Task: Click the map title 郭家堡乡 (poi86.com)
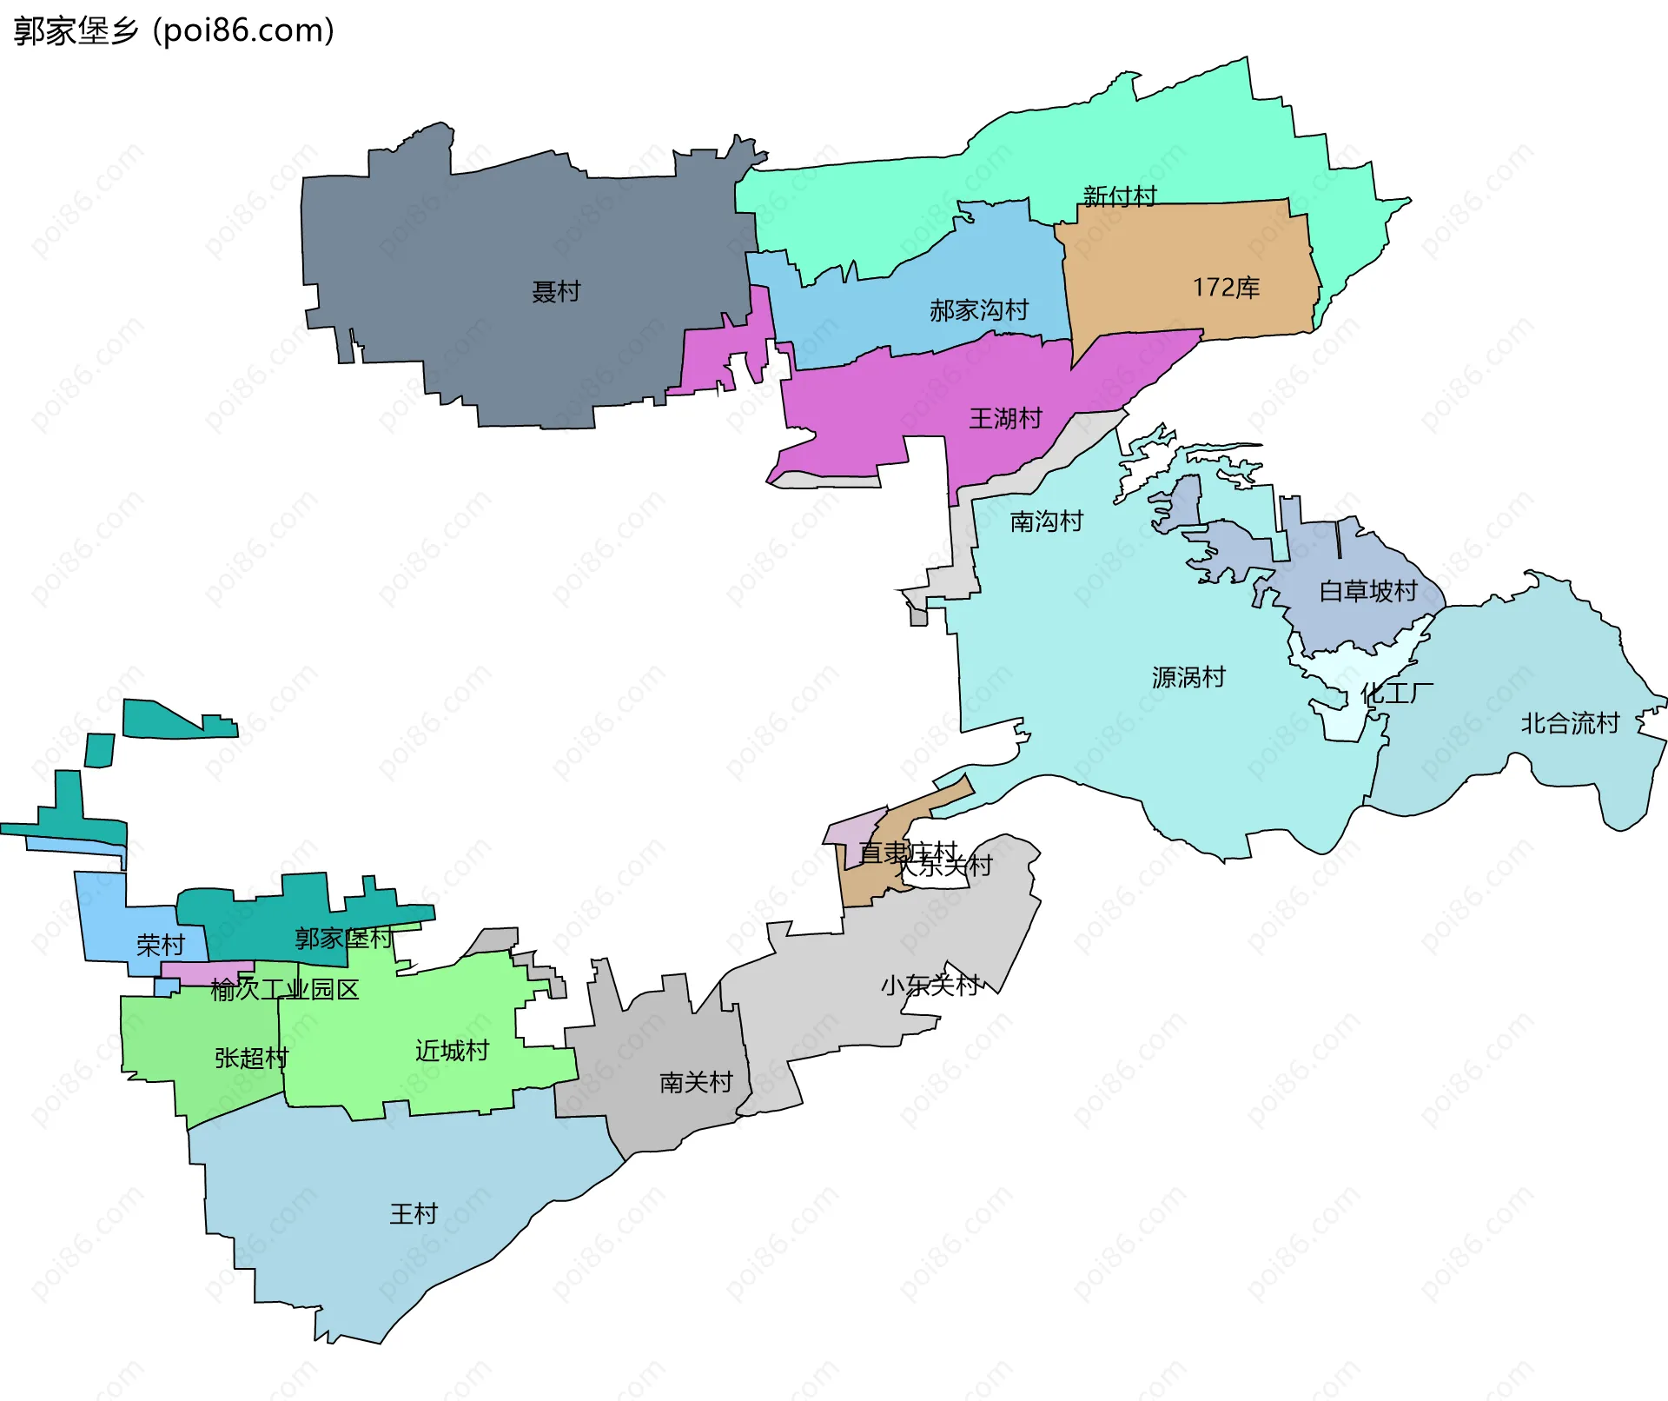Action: pyautogui.click(x=174, y=31)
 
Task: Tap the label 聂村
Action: pyautogui.click(x=556, y=292)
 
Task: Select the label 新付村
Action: pyautogui.click(x=1120, y=196)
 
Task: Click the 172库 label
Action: pyautogui.click(x=1226, y=288)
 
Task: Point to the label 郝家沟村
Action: pyautogui.click(x=979, y=310)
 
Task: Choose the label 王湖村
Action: pyautogui.click(x=1005, y=419)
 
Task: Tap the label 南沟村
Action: pyautogui.click(x=1047, y=521)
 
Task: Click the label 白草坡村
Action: pyautogui.click(x=1368, y=592)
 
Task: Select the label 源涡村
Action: pyautogui.click(x=1188, y=677)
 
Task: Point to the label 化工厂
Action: pyautogui.click(x=1397, y=694)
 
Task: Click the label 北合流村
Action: pyautogui.click(x=1570, y=723)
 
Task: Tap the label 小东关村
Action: pyautogui.click(x=930, y=986)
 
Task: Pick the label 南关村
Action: pyautogui.click(x=696, y=1083)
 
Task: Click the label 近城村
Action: pyautogui.click(x=452, y=1052)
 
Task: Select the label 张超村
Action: pyautogui.click(x=251, y=1059)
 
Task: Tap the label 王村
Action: pyautogui.click(x=414, y=1214)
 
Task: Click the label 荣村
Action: pyautogui.click(x=161, y=946)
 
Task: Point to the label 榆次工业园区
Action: pyautogui.click(x=284, y=990)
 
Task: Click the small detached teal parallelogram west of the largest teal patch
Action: pyautogui.click(x=100, y=750)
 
